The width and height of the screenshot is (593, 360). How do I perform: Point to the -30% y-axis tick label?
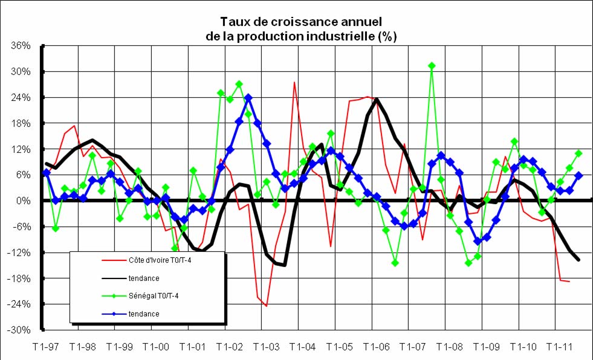click(x=24, y=330)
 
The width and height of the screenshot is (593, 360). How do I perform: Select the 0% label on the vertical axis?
click(x=27, y=201)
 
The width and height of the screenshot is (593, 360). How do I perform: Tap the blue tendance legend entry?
click(x=143, y=314)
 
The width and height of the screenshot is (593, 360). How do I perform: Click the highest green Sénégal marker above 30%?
click(x=432, y=65)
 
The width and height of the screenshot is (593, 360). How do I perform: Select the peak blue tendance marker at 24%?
click(x=248, y=97)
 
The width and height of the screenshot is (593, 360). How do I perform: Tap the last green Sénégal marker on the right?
click(x=578, y=153)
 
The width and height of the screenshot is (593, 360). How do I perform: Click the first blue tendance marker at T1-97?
click(x=47, y=173)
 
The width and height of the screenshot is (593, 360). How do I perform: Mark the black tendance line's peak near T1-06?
click(x=377, y=100)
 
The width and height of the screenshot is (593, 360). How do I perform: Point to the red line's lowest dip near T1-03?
click(x=266, y=306)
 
